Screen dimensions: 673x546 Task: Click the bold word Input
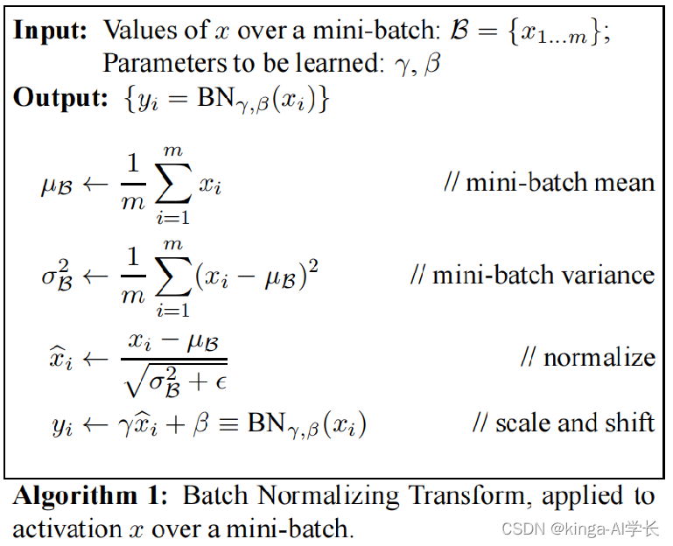49,30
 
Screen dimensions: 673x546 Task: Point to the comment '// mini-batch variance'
532,275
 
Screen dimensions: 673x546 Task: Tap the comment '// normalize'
587,357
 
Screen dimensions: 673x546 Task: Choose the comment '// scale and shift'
563,423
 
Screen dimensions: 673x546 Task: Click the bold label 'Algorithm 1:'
88,497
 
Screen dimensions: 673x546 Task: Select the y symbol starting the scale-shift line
60,427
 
